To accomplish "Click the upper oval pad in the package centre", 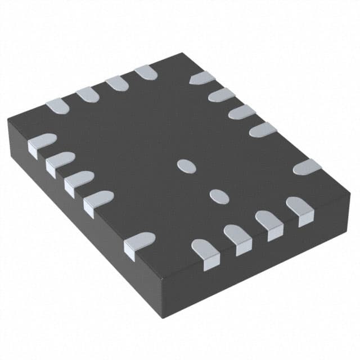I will click(186, 165).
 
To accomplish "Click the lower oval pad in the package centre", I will click(218, 195).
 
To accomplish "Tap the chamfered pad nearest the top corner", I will click(202, 78).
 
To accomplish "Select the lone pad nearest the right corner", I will click(307, 167).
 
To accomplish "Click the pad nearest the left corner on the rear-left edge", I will click(57, 105).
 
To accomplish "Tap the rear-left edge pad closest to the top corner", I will click(146, 71).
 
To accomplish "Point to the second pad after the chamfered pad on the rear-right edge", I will click(242, 111).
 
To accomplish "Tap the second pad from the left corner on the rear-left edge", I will click(88, 94).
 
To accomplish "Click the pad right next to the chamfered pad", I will click(222, 94).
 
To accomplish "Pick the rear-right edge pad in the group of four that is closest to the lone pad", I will click(263, 129).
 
